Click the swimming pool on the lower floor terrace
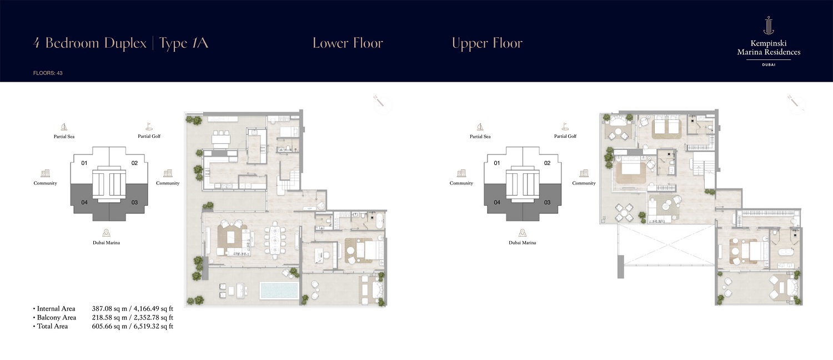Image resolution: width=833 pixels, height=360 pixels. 279,290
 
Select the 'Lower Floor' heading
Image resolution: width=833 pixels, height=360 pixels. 348,43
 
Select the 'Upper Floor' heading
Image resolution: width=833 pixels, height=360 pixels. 487,43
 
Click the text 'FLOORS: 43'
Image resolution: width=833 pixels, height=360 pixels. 48,73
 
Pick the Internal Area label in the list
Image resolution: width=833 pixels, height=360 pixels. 56,309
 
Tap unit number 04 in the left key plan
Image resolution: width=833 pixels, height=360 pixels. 84,202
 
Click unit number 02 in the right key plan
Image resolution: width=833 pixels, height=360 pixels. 547,163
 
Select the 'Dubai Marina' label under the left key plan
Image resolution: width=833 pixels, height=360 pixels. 106,243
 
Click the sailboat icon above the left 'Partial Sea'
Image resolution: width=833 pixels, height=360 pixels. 63,127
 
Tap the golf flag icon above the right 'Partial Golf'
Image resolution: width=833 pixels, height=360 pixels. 564,127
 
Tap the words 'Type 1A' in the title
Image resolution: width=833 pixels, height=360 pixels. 184,43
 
